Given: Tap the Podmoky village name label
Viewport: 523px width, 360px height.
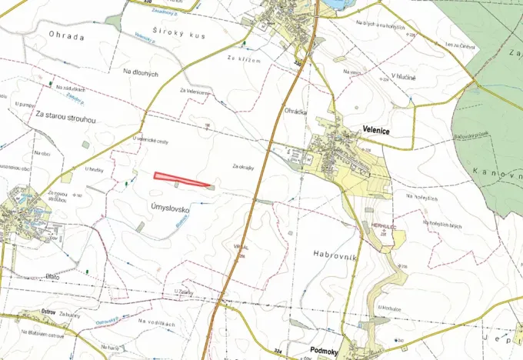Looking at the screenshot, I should coord(326,351).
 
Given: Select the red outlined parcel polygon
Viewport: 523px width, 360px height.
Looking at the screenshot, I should coord(183,179).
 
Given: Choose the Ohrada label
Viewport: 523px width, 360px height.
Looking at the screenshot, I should coord(65,35).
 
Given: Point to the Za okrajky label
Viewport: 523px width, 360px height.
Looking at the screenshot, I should coord(244,165).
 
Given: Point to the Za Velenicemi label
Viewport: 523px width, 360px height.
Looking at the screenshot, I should coord(195,92).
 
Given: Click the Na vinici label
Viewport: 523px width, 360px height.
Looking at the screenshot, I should coord(352,72).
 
